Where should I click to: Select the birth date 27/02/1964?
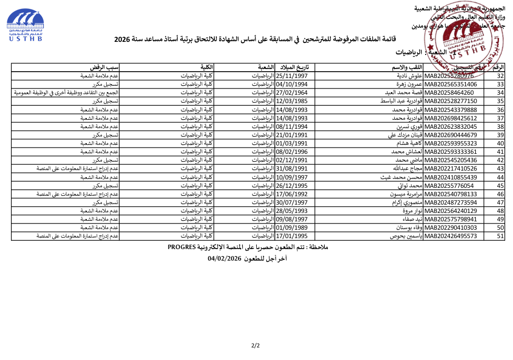292,93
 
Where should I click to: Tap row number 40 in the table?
500,143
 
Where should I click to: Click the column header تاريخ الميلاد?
295,67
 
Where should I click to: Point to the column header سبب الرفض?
105,67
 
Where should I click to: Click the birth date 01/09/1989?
292,228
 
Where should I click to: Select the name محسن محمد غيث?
403,177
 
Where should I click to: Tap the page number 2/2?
256,345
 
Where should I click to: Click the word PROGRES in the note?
181,246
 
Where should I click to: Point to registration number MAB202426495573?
451,236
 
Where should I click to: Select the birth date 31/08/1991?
292,168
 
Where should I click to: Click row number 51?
500,236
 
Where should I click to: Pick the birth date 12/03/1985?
292,101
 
